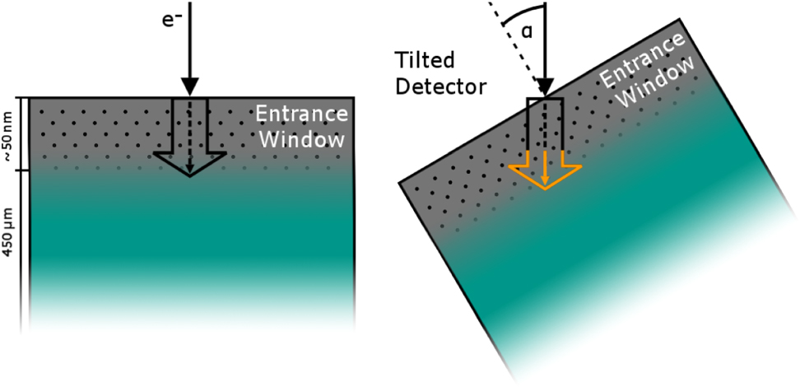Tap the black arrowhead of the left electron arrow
coord(189,85)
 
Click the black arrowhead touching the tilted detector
coord(545,85)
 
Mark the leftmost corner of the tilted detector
coord(399,180)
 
